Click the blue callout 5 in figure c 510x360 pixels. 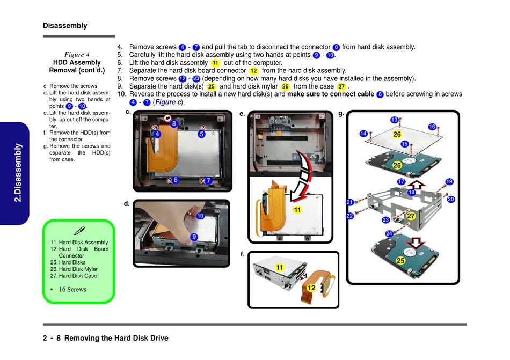pos(201,135)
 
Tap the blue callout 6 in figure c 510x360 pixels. pos(176,180)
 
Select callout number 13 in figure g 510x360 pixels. pos(394,120)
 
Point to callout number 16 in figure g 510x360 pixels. pos(432,127)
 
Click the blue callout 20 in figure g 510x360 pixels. pos(450,199)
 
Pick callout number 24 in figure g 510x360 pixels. pos(389,233)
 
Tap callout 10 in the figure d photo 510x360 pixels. pos(200,216)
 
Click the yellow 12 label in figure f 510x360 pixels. pos(311,288)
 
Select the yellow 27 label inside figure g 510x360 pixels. pos(411,216)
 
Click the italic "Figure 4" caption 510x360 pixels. pos(77,54)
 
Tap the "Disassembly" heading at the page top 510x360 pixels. pos(64,26)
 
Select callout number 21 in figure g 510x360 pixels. pos(349,202)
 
